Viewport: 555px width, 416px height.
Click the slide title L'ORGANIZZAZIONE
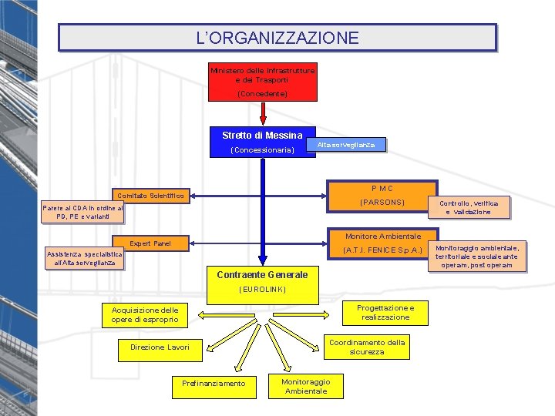pos(277,37)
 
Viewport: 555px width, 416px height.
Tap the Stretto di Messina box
pos(263,143)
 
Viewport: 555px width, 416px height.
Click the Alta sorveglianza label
pos(346,145)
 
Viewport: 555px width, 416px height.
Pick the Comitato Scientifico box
pos(151,196)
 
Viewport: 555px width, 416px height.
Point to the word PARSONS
pos(382,203)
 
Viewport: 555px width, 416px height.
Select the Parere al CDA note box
pos(82,213)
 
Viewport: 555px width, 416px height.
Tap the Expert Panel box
pos(151,243)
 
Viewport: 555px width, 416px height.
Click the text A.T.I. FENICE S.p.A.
pos(382,250)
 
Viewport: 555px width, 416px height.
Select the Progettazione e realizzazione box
pos(385,312)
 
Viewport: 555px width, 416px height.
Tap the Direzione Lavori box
pos(160,347)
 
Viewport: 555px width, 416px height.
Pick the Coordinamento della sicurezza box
pos(367,347)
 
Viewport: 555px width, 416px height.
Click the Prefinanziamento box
pos(214,383)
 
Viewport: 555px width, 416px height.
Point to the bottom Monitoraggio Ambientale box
pos(306,386)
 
